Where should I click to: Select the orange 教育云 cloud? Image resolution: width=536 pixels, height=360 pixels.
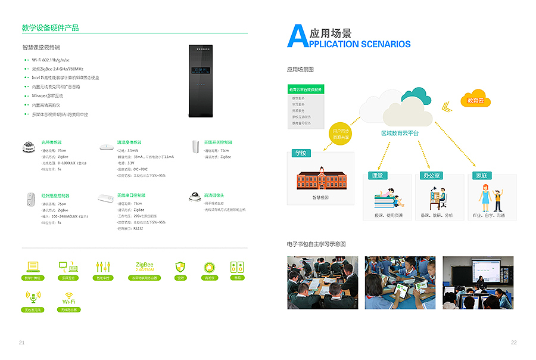(x=476, y=101)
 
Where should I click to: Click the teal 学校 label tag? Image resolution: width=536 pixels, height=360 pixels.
(x=301, y=153)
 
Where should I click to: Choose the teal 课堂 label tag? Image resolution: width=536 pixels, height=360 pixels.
(x=377, y=176)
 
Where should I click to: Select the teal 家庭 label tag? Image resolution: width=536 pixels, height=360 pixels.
(x=481, y=176)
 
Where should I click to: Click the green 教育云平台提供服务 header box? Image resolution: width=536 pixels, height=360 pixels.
(x=306, y=89)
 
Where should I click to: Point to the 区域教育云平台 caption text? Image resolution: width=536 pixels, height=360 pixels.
(x=400, y=133)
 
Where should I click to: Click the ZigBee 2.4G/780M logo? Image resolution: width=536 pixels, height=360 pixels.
(x=145, y=266)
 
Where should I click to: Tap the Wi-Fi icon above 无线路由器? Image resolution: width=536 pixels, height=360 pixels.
(x=69, y=299)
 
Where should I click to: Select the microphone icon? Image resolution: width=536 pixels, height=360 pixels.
(x=32, y=297)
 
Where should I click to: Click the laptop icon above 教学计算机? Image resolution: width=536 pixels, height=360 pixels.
(x=32, y=266)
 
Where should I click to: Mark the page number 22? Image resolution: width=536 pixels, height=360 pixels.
(x=513, y=342)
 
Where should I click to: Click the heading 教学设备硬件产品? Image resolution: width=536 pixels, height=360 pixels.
(x=50, y=28)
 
